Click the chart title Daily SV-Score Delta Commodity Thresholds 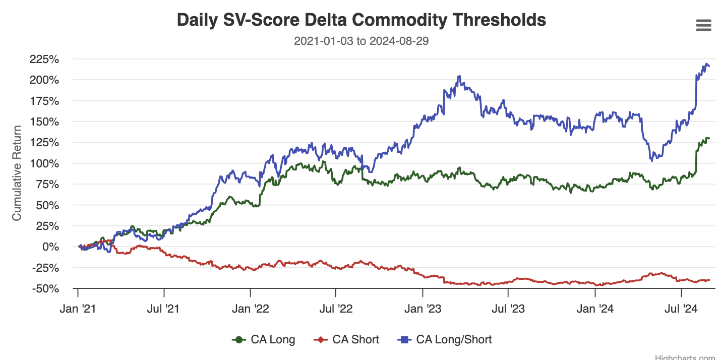tap(361, 20)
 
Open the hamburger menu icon tap(703, 26)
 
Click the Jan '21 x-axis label tap(78, 308)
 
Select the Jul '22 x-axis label tap(335, 308)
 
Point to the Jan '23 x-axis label tap(423, 308)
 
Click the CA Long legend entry tap(263, 340)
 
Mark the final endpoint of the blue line tap(709, 66)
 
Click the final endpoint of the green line tap(709, 138)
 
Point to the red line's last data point tap(709, 280)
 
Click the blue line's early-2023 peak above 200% tap(459, 77)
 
